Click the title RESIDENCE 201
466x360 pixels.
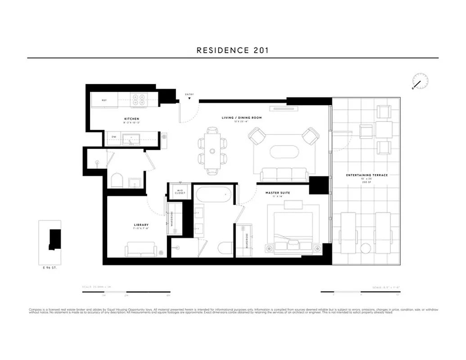[233, 50]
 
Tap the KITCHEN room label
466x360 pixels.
[132, 119]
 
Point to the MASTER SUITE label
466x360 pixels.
[277, 193]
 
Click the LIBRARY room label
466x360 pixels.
[141, 225]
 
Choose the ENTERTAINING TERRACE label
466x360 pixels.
[367, 175]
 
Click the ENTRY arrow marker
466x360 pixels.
[190, 97]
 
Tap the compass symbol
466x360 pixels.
[420, 82]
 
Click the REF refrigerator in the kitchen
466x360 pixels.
[104, 100]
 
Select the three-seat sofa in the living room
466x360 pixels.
[284, 174]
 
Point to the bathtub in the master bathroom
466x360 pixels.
[213, 194]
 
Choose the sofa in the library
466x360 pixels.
[141, 249]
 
